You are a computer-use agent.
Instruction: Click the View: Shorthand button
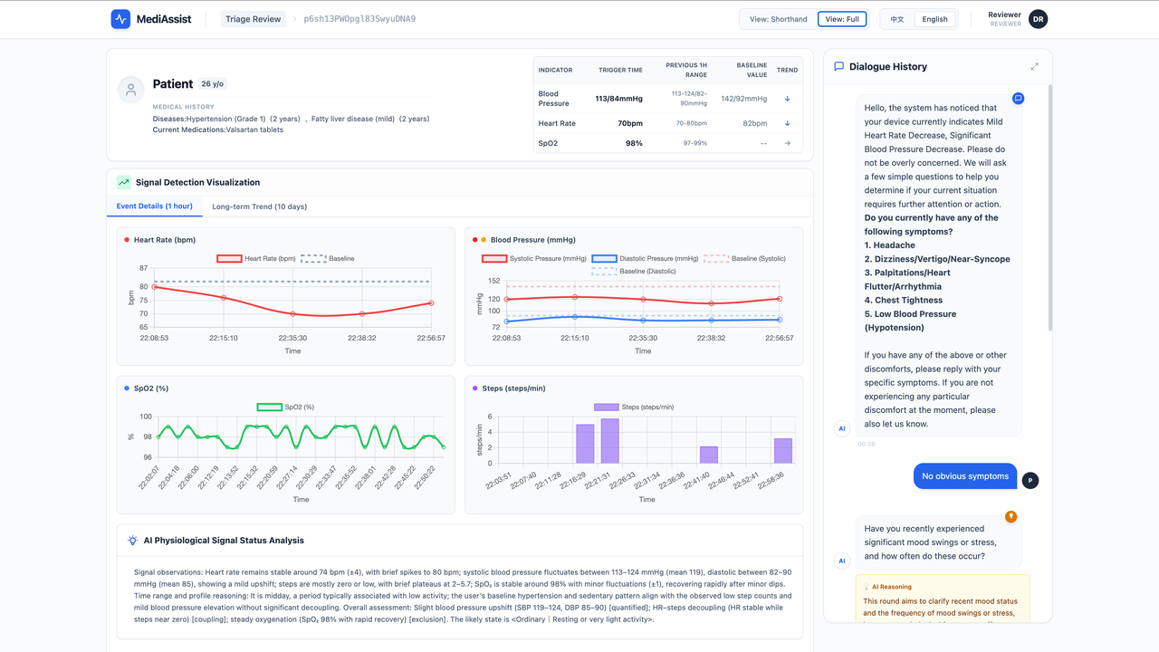[778, 19]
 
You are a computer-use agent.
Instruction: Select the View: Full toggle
[842, 19]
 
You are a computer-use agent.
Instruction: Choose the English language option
[934, 19]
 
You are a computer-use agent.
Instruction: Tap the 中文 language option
[896, 19]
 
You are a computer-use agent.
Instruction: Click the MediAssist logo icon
[120, 19]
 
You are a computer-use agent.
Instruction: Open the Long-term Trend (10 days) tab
[259, 206]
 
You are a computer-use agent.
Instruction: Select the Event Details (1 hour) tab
[154, 206]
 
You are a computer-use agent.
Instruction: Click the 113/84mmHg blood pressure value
[618, 99]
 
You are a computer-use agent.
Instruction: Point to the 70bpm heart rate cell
[629, 123]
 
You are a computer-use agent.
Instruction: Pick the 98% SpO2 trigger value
[634, 143]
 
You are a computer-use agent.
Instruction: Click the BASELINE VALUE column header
[752, 70]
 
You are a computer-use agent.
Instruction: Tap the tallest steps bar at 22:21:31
[610, 441]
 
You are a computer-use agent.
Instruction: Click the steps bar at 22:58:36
[783, 451]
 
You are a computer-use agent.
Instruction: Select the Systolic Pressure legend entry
[533, 259]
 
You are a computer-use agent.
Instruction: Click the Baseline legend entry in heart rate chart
[327, 259]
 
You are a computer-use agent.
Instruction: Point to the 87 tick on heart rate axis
[144, 269]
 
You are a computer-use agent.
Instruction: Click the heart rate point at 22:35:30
[292, 314]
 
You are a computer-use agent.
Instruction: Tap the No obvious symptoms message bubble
[964, 476]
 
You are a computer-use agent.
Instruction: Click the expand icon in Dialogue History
[1034, 67]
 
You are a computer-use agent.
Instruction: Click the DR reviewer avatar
[1038, 19]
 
